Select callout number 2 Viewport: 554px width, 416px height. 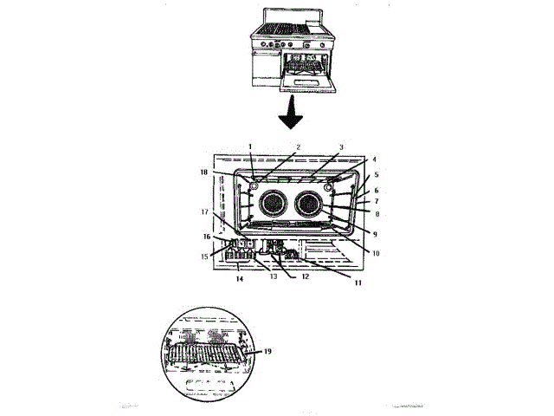(298, 146)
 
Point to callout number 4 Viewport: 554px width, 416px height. (375, 159)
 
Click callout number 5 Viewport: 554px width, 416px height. (377, 174)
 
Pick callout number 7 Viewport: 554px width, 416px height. (377, 201)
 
